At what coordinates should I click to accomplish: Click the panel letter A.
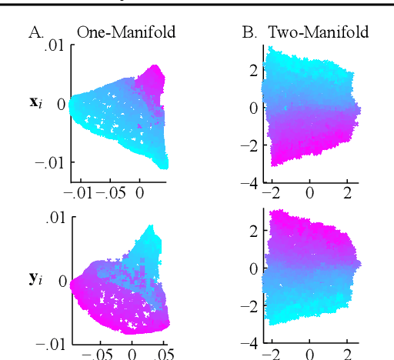(x=35, y=32)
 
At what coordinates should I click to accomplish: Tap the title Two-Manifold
(x=318, y=32)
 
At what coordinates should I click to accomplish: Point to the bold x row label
(x=36, y=102)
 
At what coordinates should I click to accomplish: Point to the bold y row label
(x=36, y=279)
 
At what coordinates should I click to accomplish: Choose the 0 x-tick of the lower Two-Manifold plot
(x=309, y=355)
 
